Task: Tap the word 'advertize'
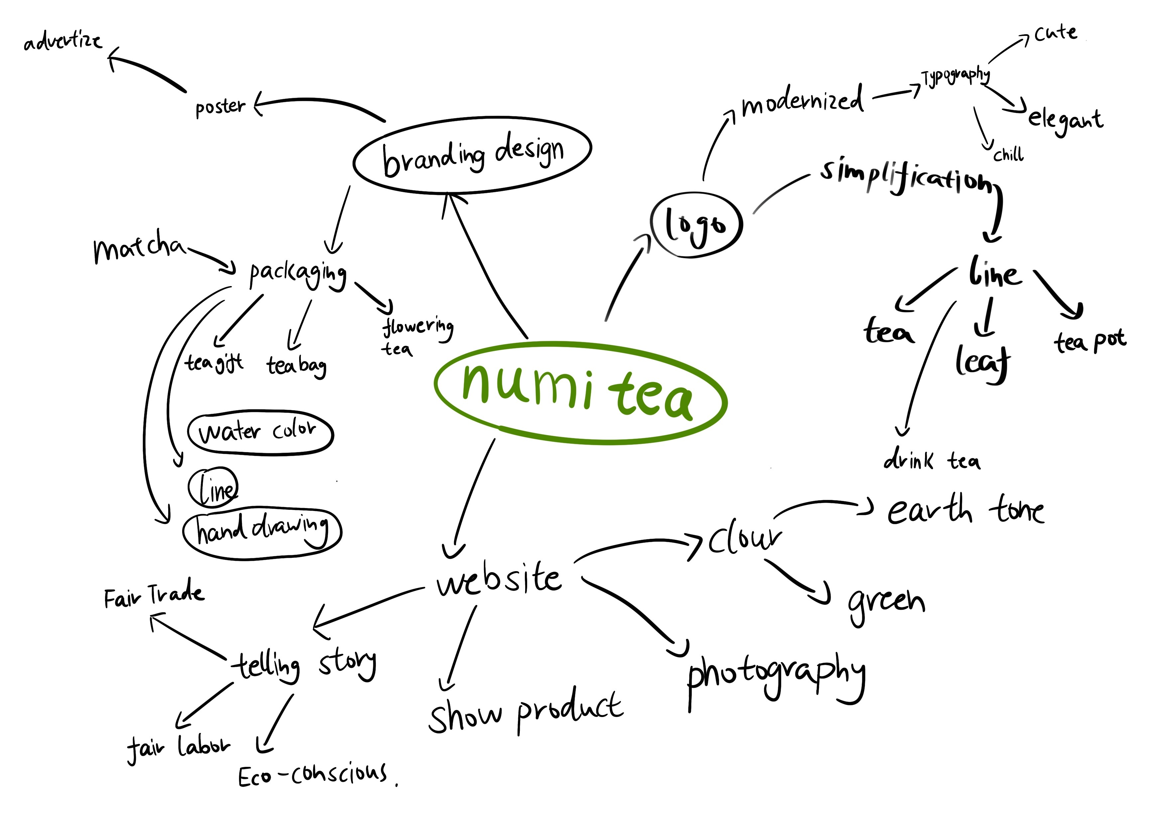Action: (62, 41)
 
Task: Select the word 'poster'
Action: (220, 107)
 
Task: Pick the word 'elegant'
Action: (1065, 120)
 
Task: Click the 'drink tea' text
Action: (932, 461)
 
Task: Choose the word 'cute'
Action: (1055, 34)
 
